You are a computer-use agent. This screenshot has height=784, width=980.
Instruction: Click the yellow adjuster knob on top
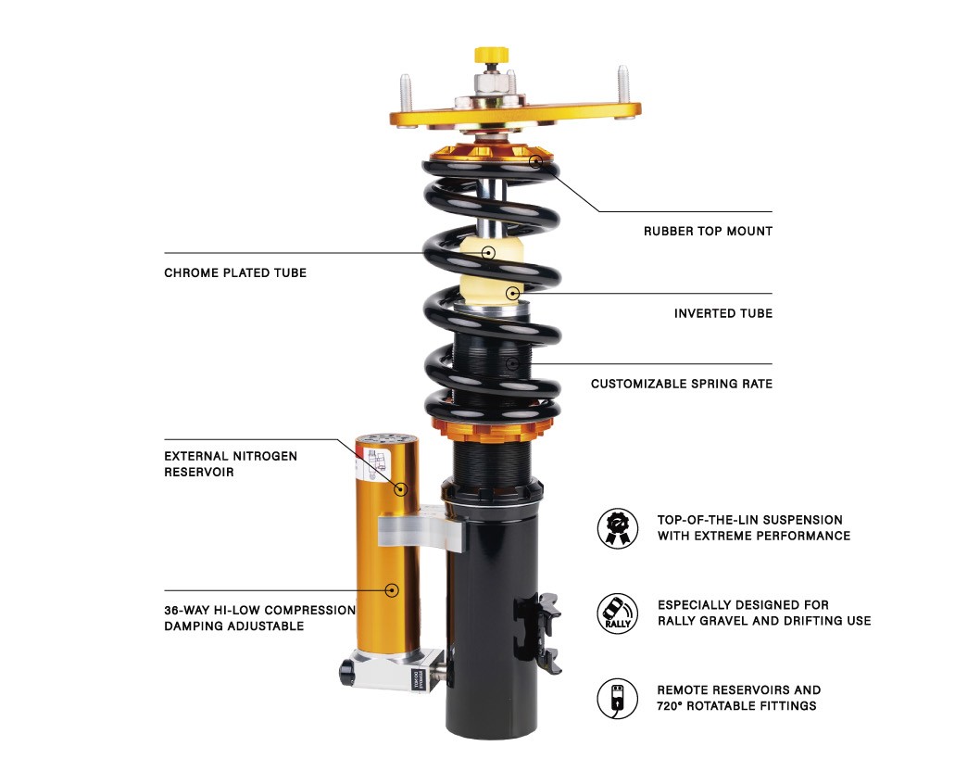pos(491,55)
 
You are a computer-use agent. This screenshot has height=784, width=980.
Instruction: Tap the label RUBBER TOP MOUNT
pos(708,232)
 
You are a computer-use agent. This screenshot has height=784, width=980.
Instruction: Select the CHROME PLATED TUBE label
pos(235,272)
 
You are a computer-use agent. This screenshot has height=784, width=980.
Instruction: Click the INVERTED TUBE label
pos(723,313)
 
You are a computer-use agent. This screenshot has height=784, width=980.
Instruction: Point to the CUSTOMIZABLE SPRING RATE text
pos(681,384)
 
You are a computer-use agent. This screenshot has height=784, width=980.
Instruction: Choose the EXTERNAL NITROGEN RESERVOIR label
pos(231,464)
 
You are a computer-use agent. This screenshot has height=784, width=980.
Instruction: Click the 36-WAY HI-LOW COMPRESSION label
pos(260,610)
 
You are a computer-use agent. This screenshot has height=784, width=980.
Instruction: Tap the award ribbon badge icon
pos(618,528)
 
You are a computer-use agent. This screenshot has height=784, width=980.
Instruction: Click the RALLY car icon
pos(618,613)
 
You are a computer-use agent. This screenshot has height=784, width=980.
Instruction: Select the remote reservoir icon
pos(618,699)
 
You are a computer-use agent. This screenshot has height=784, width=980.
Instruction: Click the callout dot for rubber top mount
pos(535,161)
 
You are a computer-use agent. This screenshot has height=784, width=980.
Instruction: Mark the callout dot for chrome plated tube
pos(489,253)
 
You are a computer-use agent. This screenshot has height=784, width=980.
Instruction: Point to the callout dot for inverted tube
pos(512,293)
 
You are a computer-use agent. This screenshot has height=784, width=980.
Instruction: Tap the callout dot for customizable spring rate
pos(512,363)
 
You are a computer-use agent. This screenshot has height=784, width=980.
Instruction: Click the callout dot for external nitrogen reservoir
pos(401,489)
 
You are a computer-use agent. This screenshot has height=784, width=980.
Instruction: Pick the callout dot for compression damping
pos(392,589)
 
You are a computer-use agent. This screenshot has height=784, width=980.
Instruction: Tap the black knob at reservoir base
pos(346,672)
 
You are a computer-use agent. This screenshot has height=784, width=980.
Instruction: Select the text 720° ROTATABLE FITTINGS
pos(736,706)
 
